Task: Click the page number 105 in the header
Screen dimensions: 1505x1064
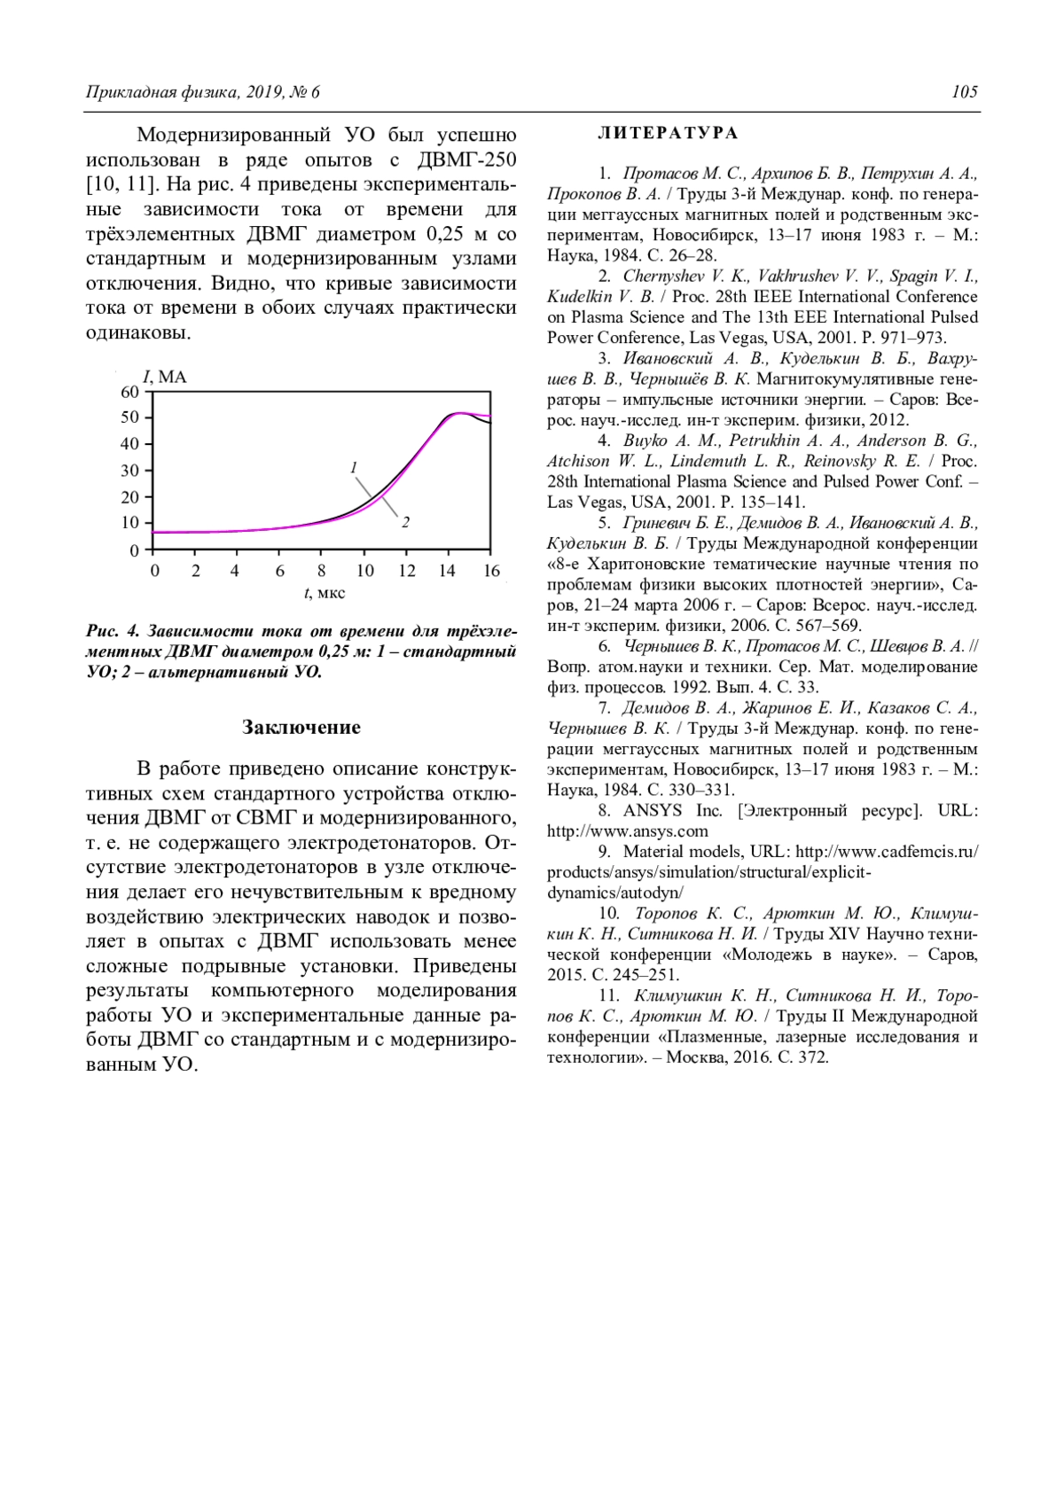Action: (965, 92)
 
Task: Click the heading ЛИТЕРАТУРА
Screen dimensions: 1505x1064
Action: (668, 133)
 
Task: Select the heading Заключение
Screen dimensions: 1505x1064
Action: (301, 728)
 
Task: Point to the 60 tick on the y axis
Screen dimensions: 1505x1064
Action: (129, 392)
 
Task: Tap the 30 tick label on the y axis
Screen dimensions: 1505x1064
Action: (129, 471)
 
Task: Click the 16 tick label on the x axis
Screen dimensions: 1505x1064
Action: (491, 571)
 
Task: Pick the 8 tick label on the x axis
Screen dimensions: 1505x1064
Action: (321, 571)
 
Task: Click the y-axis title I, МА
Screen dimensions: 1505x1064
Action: (165, 377)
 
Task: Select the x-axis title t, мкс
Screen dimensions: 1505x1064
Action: (325, 593)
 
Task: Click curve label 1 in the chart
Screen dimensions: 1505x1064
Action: (353, 467)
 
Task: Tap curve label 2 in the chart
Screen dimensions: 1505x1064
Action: (405, 522)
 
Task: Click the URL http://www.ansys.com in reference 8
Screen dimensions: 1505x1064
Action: (628, 831)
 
